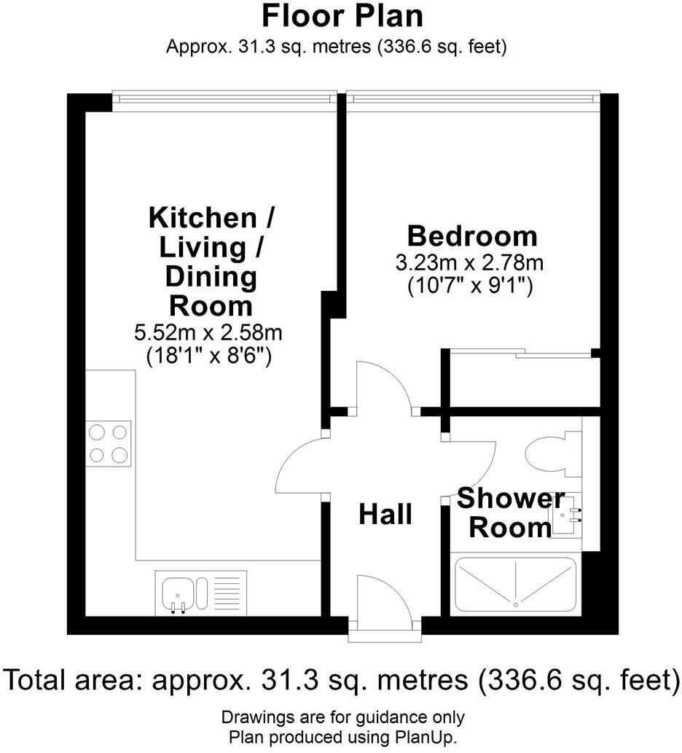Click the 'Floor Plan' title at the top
point(342,16)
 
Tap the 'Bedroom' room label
point(471,236)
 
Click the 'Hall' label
point(385,515)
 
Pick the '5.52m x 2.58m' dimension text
point(208,333)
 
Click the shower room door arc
point(474,467)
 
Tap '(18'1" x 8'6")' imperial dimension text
point(208,357)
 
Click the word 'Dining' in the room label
point(211,277)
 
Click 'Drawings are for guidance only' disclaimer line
point(342,717)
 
